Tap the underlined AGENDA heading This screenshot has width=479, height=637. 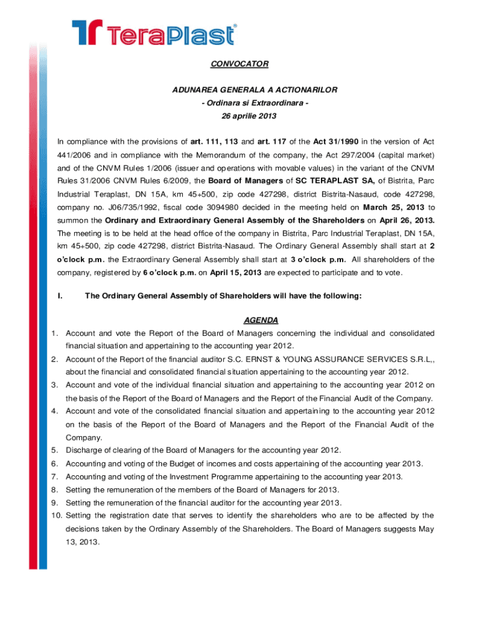(x=261, y=320)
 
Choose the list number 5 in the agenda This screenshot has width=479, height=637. (x=55, y=450)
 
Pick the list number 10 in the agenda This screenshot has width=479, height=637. (x=56, y=516)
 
